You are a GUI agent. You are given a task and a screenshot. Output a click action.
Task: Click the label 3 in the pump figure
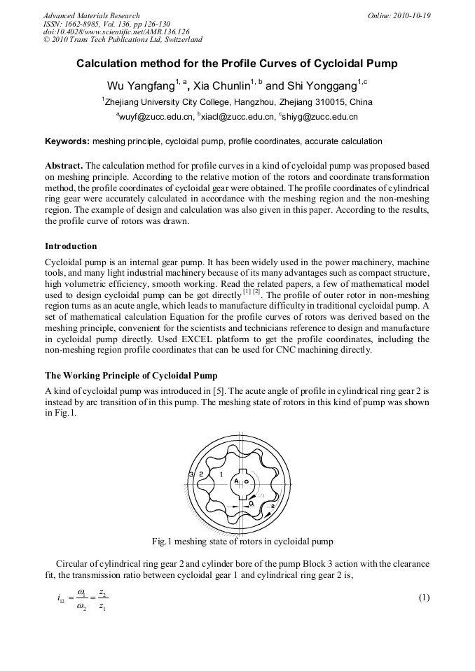(x=191, y=475)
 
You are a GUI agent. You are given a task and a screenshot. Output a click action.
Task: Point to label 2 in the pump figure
(x=201, y=475)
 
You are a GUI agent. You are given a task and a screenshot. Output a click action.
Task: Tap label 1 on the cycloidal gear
(x=221, y=475)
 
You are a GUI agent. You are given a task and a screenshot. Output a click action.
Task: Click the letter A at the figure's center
(x=237, y=482)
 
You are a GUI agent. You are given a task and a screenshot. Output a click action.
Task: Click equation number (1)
(x=423, y=597)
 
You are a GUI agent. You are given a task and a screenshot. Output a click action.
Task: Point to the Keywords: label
(x=67, y=141)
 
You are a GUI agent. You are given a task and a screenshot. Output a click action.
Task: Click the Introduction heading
(x=71, y=246)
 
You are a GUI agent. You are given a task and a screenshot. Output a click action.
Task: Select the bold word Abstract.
(x=64, y=166)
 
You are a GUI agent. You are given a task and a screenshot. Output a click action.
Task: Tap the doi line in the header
(x=116, y=32)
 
